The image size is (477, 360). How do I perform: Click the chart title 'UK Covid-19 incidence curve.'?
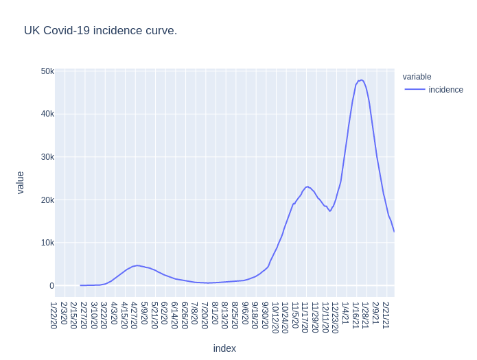[100, 30]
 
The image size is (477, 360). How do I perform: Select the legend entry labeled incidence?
[445, 90]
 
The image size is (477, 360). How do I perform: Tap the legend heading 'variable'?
[417, 77]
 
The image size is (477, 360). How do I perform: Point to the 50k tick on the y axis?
[47, 71]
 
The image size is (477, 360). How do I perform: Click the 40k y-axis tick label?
[47, 114]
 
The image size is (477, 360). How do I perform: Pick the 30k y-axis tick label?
[47, 157]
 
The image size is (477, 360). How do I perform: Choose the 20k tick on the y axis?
[47, 200]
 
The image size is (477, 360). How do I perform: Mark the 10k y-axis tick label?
[47, 243]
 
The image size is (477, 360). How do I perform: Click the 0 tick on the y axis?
[51, 286]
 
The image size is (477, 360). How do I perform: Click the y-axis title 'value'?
[20, 182]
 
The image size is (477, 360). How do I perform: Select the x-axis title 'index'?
[224, 348]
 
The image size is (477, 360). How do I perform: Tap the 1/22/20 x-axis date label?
[54, 315]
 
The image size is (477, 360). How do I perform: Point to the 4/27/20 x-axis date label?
[135, 315]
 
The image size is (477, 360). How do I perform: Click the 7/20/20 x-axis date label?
[205, 315]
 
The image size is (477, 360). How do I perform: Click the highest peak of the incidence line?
[361, 80]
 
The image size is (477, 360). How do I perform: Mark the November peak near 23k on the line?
[307, 187]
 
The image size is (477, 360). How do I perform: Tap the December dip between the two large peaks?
[330, 211]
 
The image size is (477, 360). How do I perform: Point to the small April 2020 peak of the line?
[137, 265]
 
